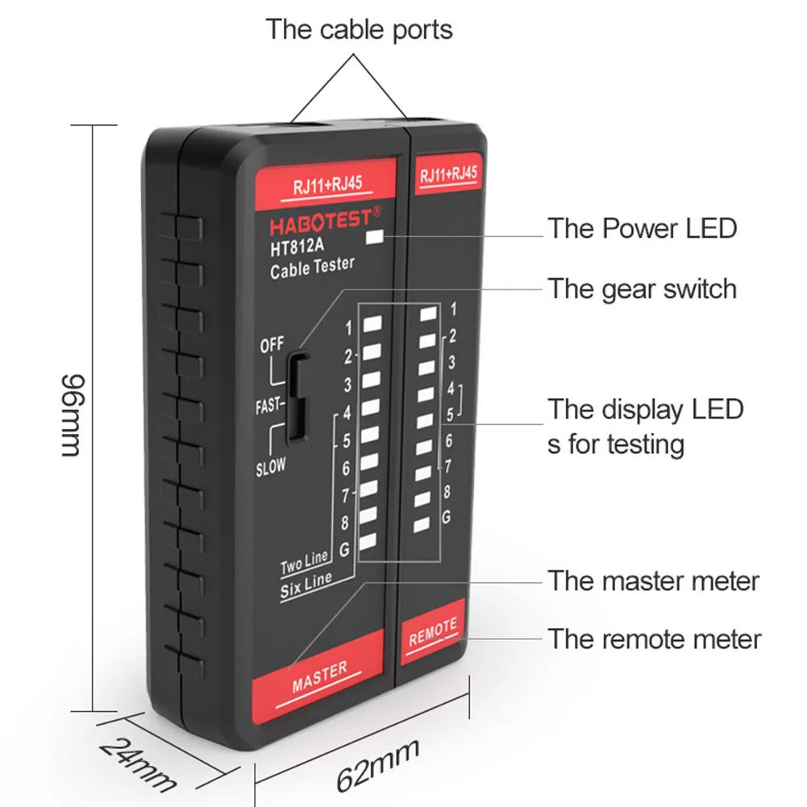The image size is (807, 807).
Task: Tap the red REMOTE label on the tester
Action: (x=433, y=631)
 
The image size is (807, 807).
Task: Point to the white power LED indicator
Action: (x=374, y=237)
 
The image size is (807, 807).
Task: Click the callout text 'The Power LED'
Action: (x=643, y=228)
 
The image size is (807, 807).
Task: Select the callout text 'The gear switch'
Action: (x=643, y=288)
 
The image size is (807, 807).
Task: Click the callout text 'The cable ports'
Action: (x=360, y=30)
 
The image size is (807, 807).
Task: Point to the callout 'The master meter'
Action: (x=654, y=580)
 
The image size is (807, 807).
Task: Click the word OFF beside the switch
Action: (x=272, y=345)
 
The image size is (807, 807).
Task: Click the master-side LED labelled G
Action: (x=369, y=542)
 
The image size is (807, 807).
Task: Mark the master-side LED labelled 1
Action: (x=372, y=325)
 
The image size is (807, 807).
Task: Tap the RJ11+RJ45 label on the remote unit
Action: (x=448, y=173)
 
